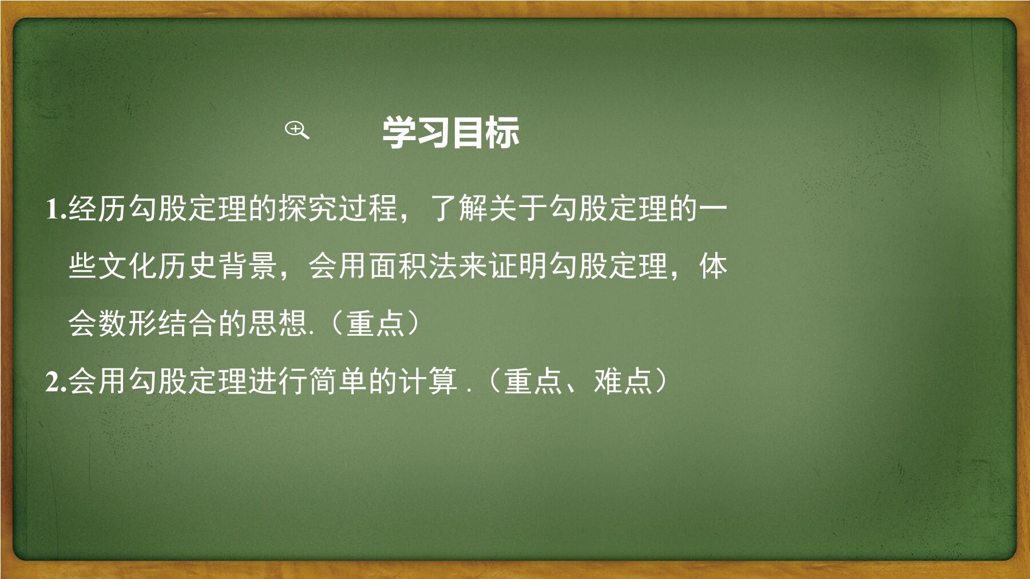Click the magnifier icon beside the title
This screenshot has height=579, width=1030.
pyautogui.click(x=297, y=130)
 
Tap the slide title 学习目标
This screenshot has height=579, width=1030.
pyautogui.click(x=451, y=132)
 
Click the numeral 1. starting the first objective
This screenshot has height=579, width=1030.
pyautogui.click(x=57, y=209)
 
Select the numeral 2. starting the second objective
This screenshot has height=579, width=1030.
pyautogui.click(x=57, y=381)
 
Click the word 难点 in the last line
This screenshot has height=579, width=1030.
pyautogui.click(x=623, y=381)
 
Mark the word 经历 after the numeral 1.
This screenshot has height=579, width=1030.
pyautogui.click(x=98, y=208)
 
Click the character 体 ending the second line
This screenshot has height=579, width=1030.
pyautogui.click(x=713, y=266)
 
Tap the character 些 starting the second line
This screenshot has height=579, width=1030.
pyautogui.click(x=84, y=266)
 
